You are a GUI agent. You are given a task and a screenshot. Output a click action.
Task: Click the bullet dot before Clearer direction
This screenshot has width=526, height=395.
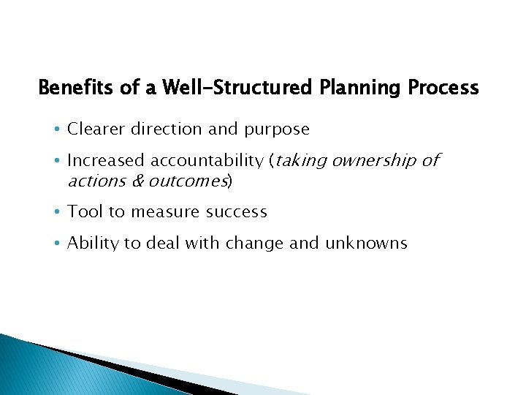click(x=58, y=129)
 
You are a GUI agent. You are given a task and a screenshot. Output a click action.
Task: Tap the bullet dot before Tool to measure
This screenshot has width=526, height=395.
click(x=58, y=213)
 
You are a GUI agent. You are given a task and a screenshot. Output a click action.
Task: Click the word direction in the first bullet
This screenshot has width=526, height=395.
click(x=165, y=129)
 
